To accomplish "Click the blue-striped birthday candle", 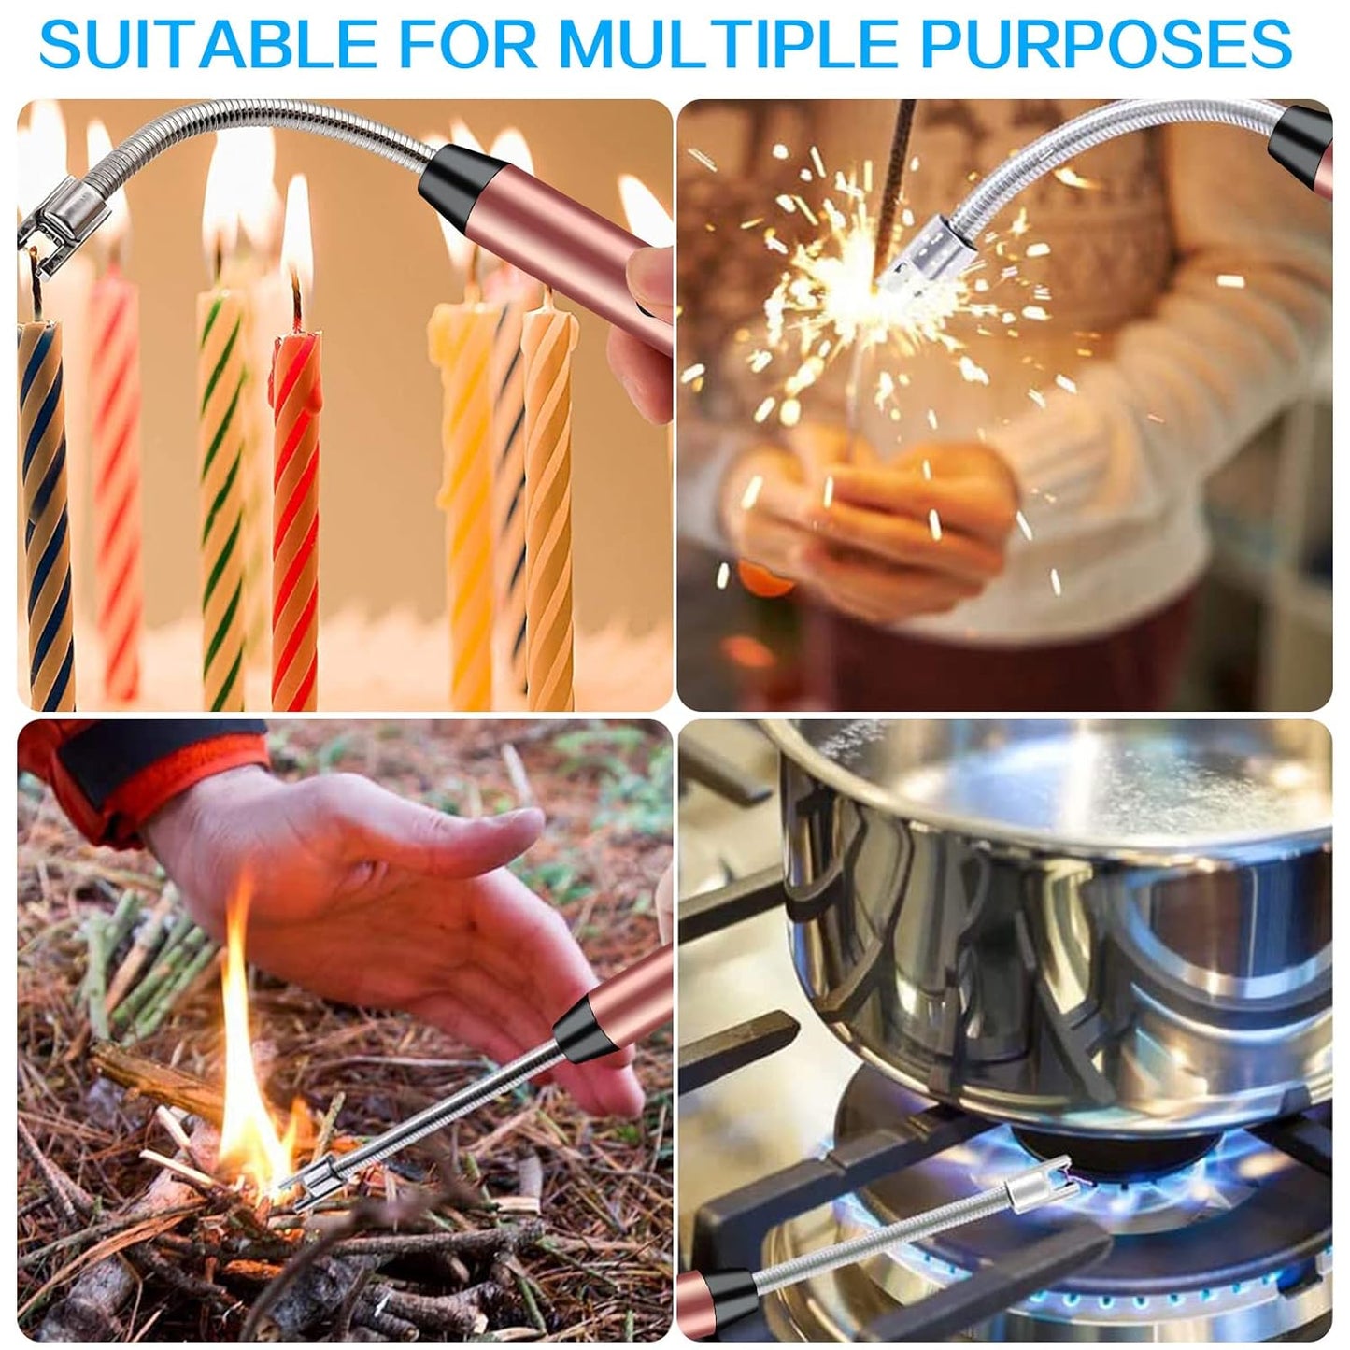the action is tap(46, 511).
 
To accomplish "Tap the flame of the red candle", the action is tap(297, 231).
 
